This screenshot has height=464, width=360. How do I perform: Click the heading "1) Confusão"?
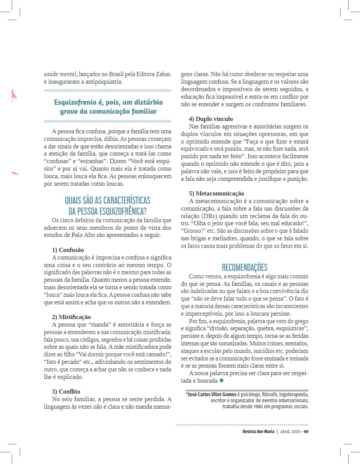point(68,250)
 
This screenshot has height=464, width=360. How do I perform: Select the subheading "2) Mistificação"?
point(71,317)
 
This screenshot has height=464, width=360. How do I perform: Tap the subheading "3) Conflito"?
point(66,391)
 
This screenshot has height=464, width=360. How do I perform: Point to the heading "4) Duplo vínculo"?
point(211,119)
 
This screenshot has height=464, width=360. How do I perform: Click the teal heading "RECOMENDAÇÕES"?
point(245,267)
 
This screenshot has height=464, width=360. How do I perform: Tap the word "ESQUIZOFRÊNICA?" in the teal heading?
point(121,211)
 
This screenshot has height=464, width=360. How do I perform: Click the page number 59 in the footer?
point(306,432)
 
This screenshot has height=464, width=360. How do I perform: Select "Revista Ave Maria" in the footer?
point(258,432)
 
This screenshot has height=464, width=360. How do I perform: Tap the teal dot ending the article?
point(222,381)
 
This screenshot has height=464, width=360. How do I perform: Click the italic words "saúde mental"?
point(61,74)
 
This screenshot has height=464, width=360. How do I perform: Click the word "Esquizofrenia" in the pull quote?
point(76,102)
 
